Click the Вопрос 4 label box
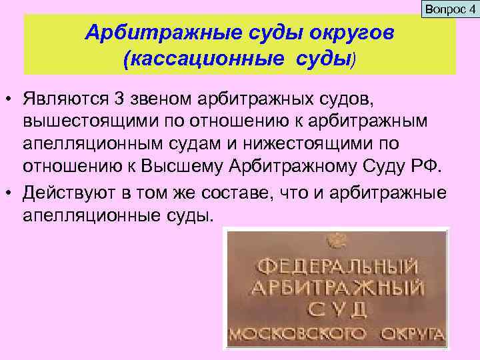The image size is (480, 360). click(449, 9)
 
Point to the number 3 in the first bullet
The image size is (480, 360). click(119, 99)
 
